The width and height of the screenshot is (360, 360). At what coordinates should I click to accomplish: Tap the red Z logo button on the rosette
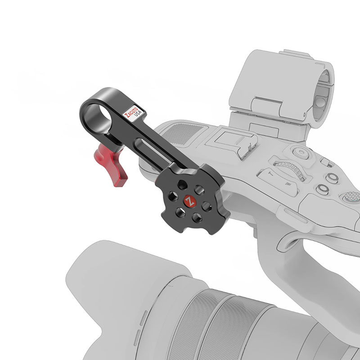(190, 202)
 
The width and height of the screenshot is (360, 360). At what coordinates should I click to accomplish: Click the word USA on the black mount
(138, 113)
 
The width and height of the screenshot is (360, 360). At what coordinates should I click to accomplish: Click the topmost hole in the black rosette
(182, 184)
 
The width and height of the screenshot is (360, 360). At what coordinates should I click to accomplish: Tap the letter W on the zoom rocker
(288, 184)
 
